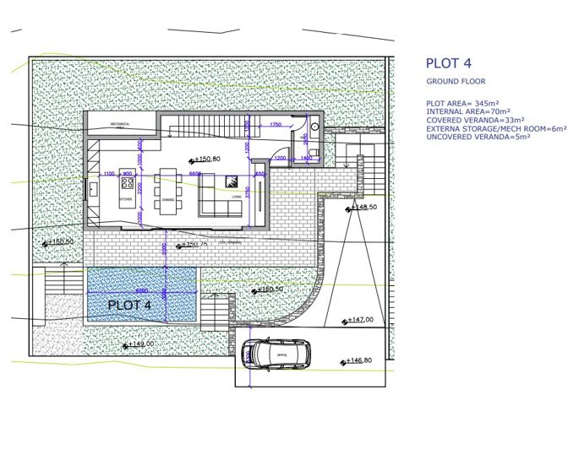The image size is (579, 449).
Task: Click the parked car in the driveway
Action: [276, 353]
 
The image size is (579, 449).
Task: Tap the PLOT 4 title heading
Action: [448, 63]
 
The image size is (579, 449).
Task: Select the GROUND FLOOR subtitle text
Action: [456, 82]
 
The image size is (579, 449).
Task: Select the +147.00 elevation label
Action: [358, 320]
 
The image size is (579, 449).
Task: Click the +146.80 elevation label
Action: [356, 361]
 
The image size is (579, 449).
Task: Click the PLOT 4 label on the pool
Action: [129, 305]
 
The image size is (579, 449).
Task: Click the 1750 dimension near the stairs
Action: [276, 125]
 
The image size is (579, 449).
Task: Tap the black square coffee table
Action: [231, 181]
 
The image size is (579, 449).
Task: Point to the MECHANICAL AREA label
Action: [123, 125]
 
